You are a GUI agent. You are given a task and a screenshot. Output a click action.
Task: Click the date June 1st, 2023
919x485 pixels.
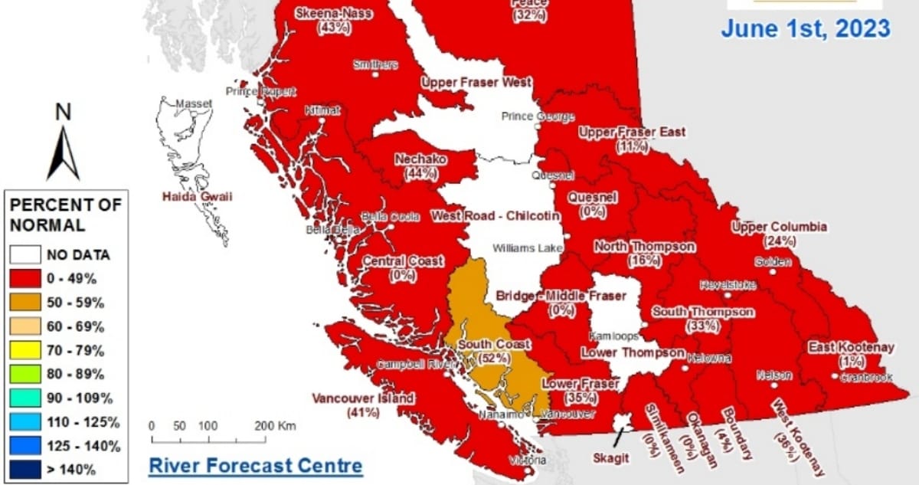[x=806, y=29]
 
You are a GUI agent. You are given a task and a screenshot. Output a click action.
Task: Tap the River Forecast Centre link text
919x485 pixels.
[x=255, y=465]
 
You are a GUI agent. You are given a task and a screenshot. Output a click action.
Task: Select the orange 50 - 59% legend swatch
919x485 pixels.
[x=25, y=302]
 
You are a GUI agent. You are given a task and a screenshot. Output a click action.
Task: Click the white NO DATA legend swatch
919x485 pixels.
[x=25, y=254]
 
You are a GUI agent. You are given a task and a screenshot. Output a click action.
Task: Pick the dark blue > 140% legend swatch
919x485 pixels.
[x=25, y=469]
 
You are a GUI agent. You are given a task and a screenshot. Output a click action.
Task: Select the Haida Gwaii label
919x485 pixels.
[x=196, y=198]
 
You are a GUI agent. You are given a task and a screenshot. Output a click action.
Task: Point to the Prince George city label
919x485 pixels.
[x=538, y=116]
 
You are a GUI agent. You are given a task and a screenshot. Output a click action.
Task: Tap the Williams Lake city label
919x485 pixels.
[x=527, y=248]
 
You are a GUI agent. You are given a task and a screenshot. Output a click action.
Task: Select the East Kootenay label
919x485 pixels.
[x=851, y=348]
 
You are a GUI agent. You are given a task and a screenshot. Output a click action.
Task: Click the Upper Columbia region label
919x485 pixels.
[x=779, y=228]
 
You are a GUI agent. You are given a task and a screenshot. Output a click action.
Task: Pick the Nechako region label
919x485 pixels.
[x=421, y=159]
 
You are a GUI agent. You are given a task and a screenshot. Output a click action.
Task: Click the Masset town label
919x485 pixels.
[x=193, y=103]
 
